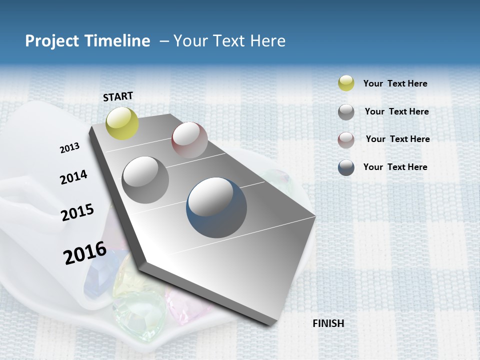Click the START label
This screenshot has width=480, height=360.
(x=118, y=96)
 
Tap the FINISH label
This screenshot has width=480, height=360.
(x=328, y=323)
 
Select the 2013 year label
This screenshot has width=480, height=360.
(x=69, y=148)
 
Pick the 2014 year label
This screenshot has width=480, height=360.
(x=73, y=177)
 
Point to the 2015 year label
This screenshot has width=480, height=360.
(x=77, y=212)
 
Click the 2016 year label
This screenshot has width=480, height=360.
(x=85, y=253)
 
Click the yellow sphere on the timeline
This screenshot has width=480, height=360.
(x=122, y=123)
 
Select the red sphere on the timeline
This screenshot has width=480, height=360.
(x=189, y=140)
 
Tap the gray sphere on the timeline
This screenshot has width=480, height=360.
(x=145, y=180)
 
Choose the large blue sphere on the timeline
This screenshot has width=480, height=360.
(x=216, y=207)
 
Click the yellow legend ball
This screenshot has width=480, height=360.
(x=346, y=83)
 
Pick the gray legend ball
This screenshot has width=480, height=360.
(x=346, y=112)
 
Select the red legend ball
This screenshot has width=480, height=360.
(x=346, y=140)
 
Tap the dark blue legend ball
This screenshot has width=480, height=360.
(x=346, y=167)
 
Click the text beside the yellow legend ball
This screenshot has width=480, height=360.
(x=395, y=83)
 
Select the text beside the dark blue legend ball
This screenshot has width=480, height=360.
(x=395, y=167)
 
